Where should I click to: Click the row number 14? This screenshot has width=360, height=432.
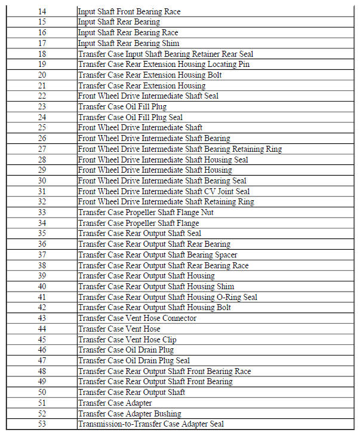(x=41, y=11)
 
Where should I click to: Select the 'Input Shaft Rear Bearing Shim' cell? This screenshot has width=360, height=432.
(x=124, y=43)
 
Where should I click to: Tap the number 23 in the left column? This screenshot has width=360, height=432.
(x=41, y=106)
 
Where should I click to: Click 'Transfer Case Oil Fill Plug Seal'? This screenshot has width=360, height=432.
(x=130, y=117)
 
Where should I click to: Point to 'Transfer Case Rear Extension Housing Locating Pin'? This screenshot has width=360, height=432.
(x=164, y=64)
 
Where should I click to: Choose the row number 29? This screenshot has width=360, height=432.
(x=41, y=170)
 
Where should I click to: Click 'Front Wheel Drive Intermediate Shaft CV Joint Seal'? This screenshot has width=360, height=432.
(x=164, y=191)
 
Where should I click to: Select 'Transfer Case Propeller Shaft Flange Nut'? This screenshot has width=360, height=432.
(x=146, y=212)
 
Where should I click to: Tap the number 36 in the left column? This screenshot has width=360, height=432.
(x=41, y=244)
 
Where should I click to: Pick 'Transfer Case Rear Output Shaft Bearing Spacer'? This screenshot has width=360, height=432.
(x=158, y=255)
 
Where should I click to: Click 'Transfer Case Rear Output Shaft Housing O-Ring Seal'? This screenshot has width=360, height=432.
(x=167, y=297)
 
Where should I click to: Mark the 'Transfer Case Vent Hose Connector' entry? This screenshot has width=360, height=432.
(x=137, y=318)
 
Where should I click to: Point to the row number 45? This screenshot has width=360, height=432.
(x=41, y=339)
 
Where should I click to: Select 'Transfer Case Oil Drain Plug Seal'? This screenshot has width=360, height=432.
(x=134, y=360)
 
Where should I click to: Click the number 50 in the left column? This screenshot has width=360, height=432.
(x=41, y=392)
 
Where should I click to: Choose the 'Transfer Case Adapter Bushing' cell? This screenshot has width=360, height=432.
(x=128, y=413)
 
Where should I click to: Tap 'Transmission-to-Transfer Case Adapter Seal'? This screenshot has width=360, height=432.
(x=150, y=424)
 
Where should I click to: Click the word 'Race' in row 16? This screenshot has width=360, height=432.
(x=169, y=32)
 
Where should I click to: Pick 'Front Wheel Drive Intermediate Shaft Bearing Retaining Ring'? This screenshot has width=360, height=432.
(x=180, y=149)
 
